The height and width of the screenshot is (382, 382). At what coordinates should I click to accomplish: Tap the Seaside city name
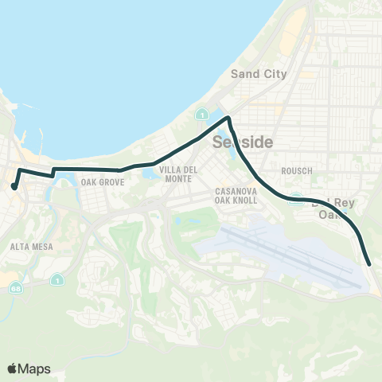point(244,142)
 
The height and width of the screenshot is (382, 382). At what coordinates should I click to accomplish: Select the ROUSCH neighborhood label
point(297,171)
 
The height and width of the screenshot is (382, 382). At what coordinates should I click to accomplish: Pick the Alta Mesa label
point(32,247)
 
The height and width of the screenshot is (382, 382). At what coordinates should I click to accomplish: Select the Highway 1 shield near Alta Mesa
point(57,279)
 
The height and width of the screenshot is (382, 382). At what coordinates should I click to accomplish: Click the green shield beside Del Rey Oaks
point(296,199)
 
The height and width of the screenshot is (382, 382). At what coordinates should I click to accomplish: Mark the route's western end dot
point(14,187)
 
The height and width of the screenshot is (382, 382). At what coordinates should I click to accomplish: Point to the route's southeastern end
point(371,263)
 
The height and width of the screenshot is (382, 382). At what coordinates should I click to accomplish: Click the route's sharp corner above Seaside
point(229,119)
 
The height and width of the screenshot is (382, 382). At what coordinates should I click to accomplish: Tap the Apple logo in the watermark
point(12,368)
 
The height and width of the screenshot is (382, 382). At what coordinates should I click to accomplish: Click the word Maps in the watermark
point(35,368)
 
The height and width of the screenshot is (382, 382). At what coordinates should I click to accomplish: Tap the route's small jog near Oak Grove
point(53,172)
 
